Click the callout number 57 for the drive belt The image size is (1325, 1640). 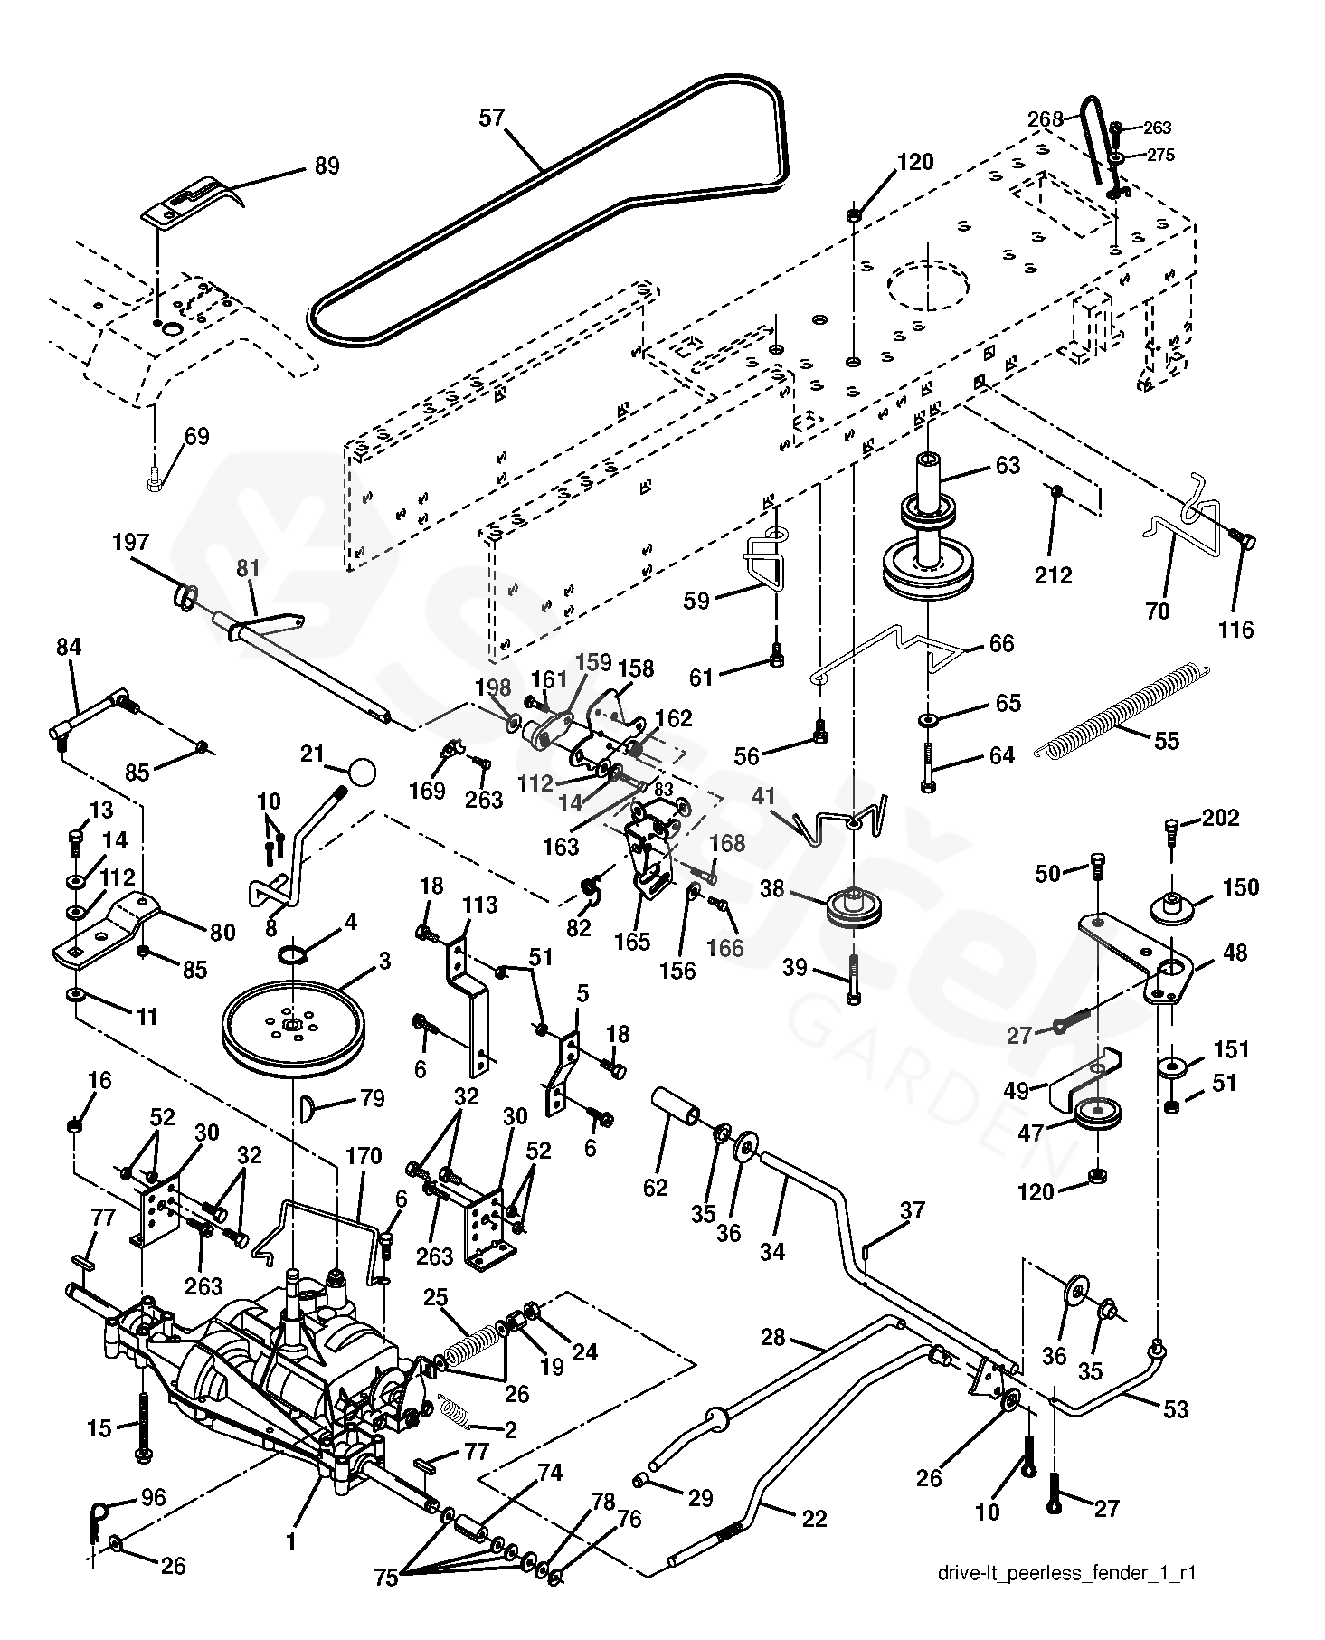pos(491,118)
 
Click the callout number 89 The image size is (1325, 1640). pos(327,166)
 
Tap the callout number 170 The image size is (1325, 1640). pos(364,1156)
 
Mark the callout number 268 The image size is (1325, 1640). pos(1046,118)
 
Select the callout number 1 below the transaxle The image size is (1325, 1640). pos(290,1542)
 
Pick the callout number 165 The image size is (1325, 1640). pos(632,941)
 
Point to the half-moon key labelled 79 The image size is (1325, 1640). pos(308,1105)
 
